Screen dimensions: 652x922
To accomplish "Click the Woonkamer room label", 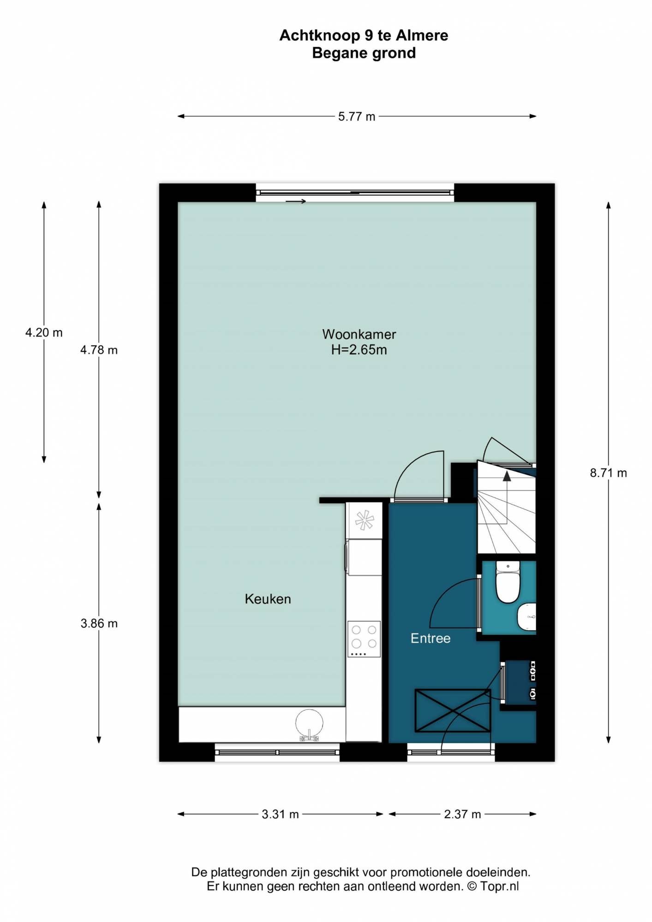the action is [359, 334].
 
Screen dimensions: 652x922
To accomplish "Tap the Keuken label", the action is [268, 599].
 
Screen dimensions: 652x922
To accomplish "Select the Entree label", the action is [431, 638].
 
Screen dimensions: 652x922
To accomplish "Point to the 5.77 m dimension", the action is [357, 117].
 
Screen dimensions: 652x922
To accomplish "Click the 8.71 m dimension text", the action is [608, 473].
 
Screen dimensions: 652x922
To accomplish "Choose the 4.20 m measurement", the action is [44, 332].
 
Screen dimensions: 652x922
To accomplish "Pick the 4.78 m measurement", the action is [99, 350].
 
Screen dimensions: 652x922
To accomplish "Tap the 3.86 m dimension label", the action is [99, 623].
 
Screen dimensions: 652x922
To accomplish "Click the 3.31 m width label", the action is [280, 814].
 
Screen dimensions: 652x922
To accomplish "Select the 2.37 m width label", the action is [462, 814].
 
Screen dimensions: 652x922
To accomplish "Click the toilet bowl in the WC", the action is [508, 582].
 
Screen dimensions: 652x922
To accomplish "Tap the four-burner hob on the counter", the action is [364, 638].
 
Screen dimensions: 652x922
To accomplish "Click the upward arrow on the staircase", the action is [507, 497].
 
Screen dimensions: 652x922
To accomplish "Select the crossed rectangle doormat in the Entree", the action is [453, 710].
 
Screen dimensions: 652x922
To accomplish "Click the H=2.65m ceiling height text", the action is [359, 350].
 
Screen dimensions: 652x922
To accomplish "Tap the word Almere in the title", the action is [422, 35].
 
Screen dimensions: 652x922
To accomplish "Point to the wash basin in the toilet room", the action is [527, 616].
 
